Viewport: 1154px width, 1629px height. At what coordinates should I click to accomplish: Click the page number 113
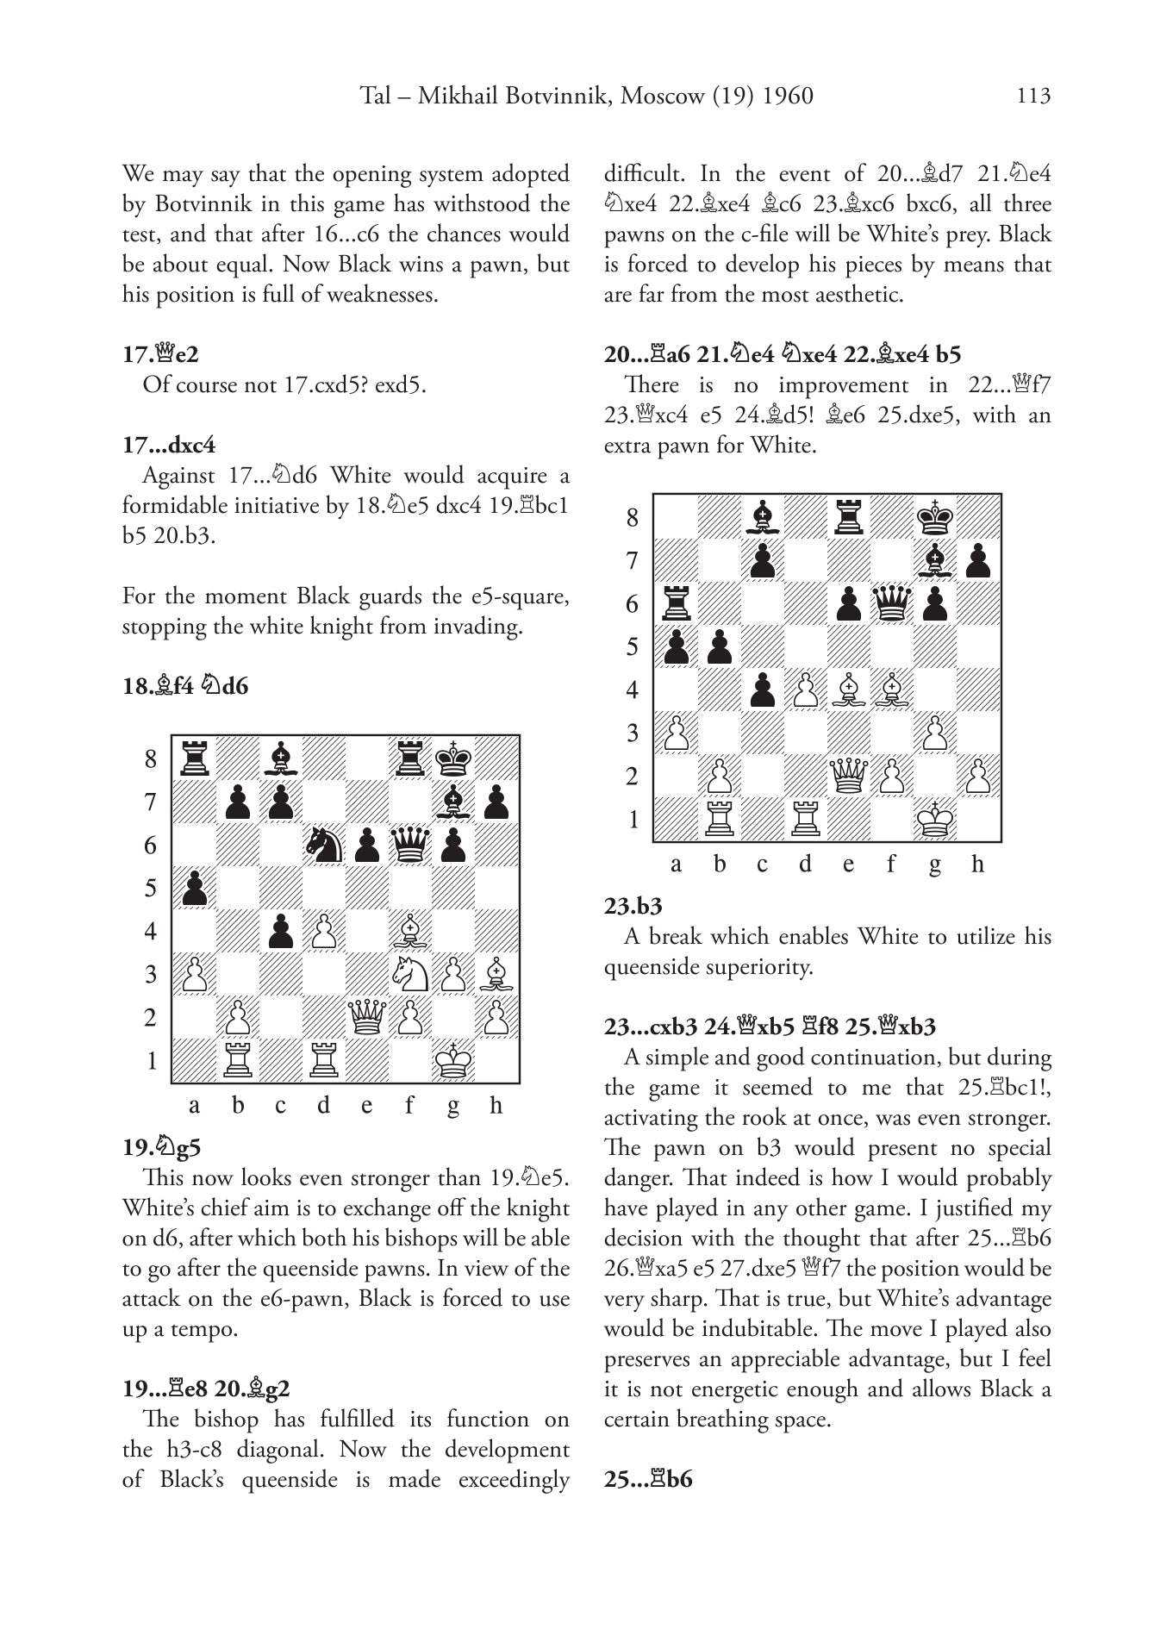click(1033, 96)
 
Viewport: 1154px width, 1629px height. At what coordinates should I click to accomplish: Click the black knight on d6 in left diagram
click(323, 845)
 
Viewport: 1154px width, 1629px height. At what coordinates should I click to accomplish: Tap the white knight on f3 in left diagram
click(410, 974)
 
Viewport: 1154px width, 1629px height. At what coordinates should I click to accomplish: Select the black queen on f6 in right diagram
click(892, 603)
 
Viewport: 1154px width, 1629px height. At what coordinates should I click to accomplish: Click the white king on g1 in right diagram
click(935, 819)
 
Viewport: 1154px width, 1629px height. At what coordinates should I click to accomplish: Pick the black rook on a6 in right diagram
click(677, 603)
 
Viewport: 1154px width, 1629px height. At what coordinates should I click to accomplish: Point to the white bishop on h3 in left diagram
click(496, 974)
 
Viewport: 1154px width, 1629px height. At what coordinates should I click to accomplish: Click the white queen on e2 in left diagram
click(367, 1017)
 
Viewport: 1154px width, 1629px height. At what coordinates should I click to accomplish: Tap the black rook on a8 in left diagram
click(195, 758)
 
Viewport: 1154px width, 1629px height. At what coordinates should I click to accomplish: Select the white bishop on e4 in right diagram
click(849, 690)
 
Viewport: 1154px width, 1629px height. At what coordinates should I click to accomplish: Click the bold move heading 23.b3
click(633, 906)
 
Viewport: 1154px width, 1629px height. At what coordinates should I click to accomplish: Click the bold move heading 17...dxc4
click(169, 445)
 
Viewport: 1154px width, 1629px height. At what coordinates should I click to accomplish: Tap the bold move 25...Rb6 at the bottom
click(648, 1479)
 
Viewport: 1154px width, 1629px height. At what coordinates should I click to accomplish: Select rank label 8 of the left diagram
click(152, 758)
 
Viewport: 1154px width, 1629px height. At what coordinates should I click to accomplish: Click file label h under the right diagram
click(977, 864)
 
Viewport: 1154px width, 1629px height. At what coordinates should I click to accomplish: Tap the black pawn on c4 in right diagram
click(763, 690)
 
